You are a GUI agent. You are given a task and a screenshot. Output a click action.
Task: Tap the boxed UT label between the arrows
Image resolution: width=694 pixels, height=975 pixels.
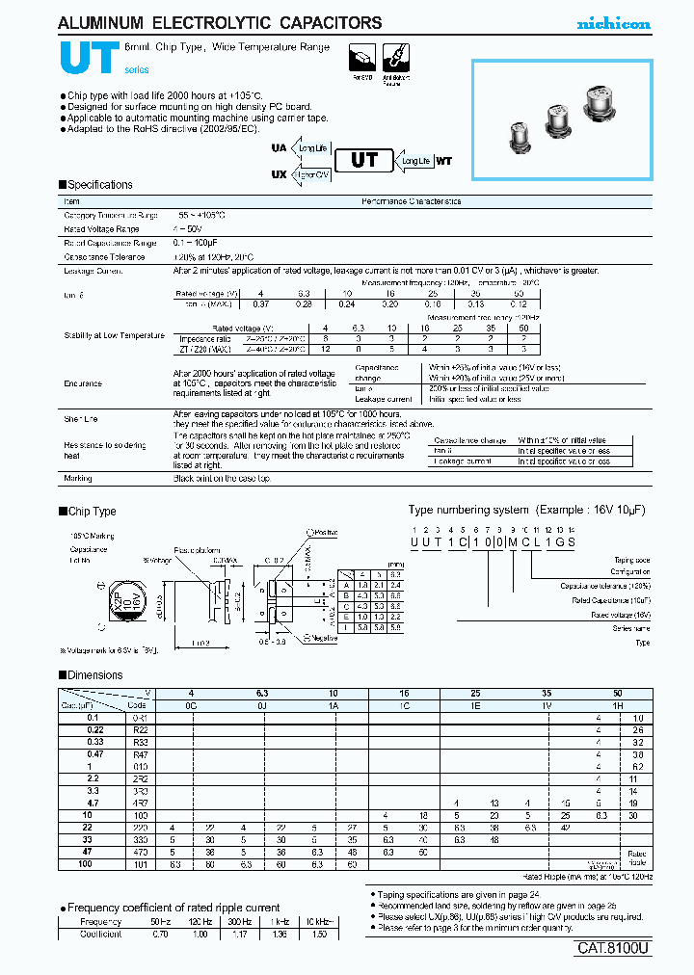[363, 161]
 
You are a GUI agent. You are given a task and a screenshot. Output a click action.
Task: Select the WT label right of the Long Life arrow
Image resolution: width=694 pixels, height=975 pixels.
[443, 162]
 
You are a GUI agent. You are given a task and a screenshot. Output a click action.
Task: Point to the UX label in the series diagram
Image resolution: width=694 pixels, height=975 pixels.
[279, 174]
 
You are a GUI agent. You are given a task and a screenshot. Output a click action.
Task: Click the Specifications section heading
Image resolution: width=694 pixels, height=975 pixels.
[99, 185]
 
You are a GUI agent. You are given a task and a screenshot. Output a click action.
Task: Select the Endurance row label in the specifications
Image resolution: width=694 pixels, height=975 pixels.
[83, 383]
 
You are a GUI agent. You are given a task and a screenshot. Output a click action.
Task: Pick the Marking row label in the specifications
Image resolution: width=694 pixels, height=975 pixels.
[78, 479]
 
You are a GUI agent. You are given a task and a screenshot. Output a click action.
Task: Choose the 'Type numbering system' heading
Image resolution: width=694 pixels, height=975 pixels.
[468, 511]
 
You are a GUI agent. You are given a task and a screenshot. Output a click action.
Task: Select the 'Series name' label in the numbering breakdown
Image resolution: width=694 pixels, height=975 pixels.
[632, 627]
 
